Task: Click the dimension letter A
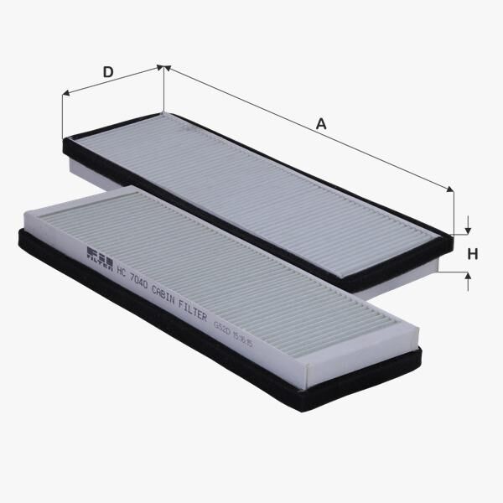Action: tap(320, 124)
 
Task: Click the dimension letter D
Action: tap(107, 72)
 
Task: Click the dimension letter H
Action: tap(472, 254)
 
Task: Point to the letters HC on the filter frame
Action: tap(121, 271)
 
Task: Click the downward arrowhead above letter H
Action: tap(468, 229)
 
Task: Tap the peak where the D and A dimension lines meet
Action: tap(163, 70)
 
